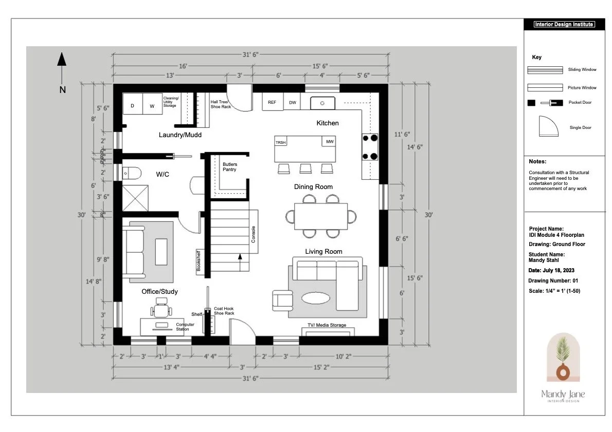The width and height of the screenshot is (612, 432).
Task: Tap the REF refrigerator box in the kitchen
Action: (272, 102)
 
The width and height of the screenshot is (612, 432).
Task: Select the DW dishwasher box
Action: (293, 102)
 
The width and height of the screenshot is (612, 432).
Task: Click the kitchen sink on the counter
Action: (322, 103)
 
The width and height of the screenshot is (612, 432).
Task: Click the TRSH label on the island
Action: (280, 142)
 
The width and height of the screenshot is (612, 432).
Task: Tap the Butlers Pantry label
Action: (230, 167)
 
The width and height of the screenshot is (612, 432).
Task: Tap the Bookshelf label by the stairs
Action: (199, 260)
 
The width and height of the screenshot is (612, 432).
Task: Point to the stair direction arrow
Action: (239, 260)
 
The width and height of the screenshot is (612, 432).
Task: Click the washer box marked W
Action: (152, 106)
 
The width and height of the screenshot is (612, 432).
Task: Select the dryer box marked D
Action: (132, 106)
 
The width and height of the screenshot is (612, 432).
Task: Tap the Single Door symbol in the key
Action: (548, 126)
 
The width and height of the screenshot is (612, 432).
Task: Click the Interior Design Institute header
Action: (564, 24)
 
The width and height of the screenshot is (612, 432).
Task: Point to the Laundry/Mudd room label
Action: (180, 135)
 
